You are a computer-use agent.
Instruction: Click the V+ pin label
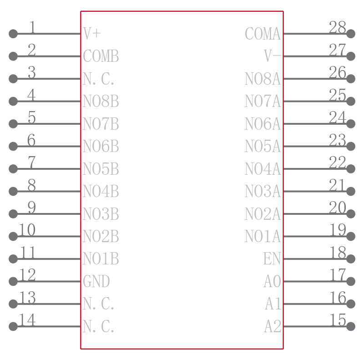[92, 34]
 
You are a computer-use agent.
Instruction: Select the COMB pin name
[101, 56]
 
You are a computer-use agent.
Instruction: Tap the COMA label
[263, 34]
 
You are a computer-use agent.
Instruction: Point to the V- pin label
[272, 56]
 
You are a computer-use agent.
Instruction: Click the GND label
[96, 281]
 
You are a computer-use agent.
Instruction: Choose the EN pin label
[272, 259]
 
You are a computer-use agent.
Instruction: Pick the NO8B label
[101, 101]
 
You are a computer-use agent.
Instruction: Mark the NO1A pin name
[263, 236]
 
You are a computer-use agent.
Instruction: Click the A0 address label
[272, 281]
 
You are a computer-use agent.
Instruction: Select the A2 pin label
[273, 326]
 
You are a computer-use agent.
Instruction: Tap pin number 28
[337, 27]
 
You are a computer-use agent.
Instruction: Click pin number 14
[27, 320]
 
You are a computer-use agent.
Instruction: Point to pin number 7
[31, 162]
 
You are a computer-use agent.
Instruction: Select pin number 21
[337, 185]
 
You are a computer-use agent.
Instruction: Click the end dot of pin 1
[13, 34]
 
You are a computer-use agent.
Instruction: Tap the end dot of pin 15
[350, 326]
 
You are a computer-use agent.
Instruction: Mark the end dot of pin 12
[13, 281]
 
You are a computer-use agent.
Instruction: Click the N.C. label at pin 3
[98, 79]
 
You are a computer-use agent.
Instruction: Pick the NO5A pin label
[263, 147]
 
